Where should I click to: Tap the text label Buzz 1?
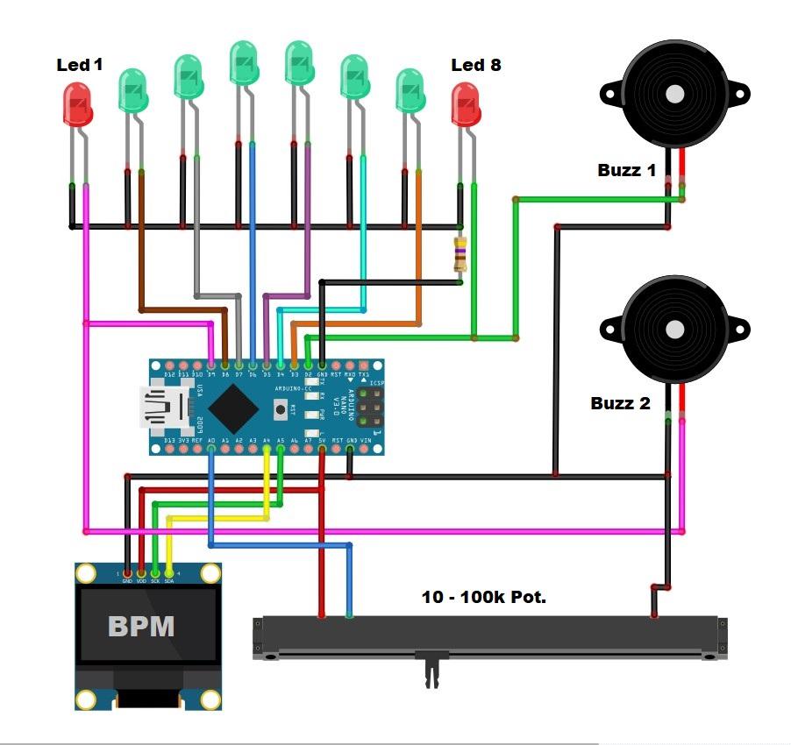pyautogui.click(x=626, y=170)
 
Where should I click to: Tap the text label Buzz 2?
pyautogui.click(x=620, y=403)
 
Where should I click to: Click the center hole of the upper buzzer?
pyautogui.click(x=674, y=94)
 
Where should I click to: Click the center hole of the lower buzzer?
pyautogui.click(x=674, y=330)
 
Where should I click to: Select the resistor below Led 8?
pyautogui.click(x=459, y=254)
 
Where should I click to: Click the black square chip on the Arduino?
pyautogui.click(x=233, y=406)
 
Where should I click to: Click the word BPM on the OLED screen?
pyautogui.click(x=140, y=627)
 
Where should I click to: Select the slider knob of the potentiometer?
pyautogui.click(x=432, y=669)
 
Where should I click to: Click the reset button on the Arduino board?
pyautogui.click(x=281, y=408)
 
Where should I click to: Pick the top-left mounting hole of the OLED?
pyautogui.click(x=85, y=574)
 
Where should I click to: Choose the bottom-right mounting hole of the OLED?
pyautogui.click(x=210, y=699)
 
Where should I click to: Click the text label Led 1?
pyautogui.click(x=80, y=64)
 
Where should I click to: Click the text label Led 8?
pyautogui.click(x=475, y=64)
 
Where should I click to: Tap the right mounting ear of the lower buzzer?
pyautogui.click(x=740, y=330)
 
